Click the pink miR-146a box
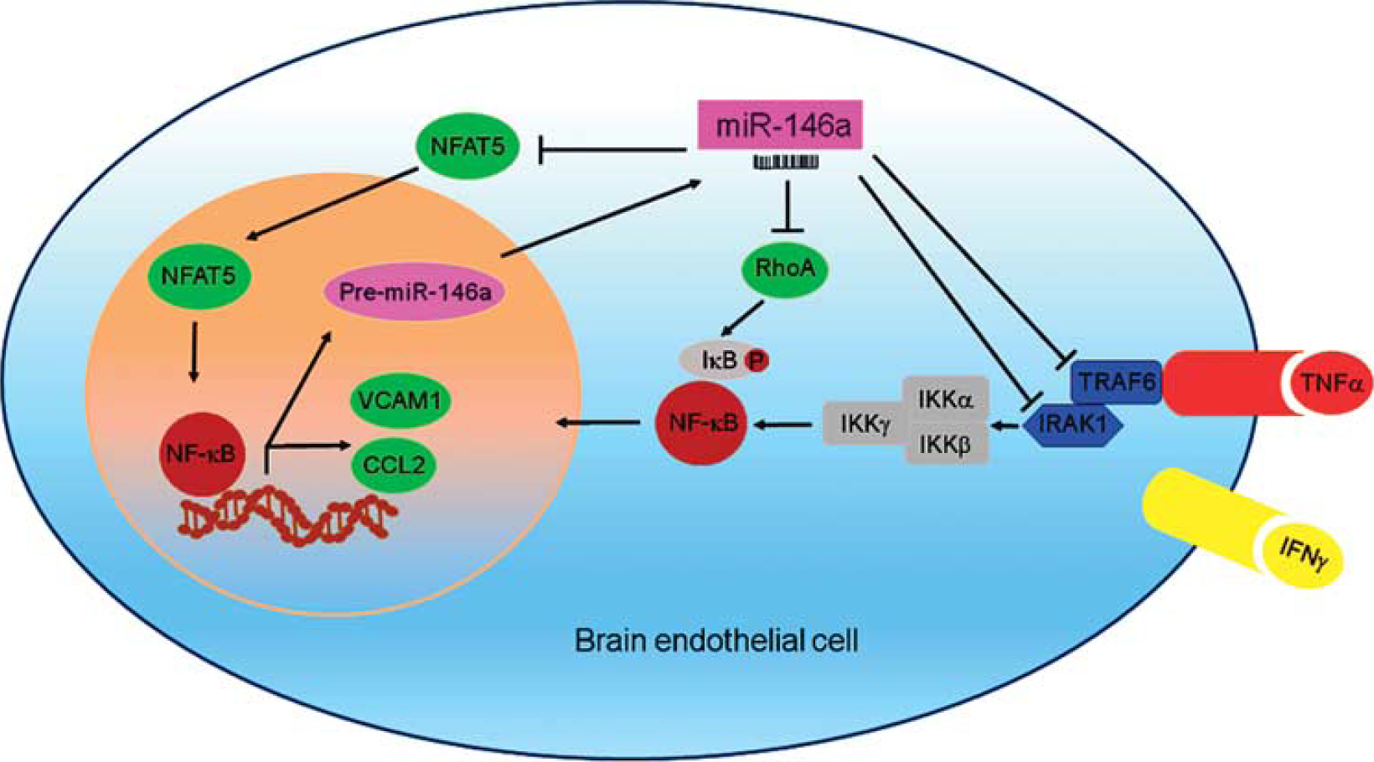780,125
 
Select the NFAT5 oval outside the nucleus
467,146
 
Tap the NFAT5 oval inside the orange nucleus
199,275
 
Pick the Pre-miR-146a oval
415,291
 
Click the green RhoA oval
785,268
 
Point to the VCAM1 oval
400,400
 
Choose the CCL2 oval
394,465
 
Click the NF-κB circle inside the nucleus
201,454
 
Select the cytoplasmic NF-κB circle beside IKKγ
702,423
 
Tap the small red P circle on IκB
757,360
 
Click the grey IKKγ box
865,423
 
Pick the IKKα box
946,399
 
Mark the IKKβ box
946,444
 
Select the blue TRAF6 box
1116,382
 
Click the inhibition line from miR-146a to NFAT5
612,149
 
